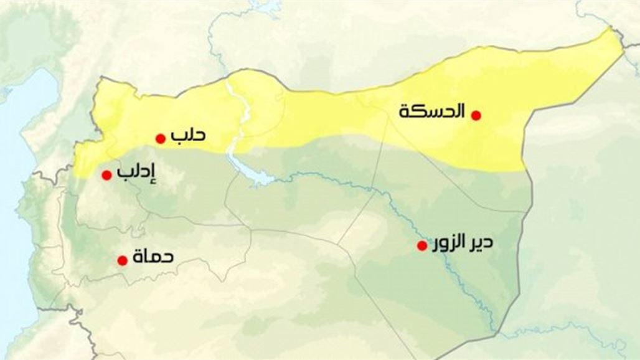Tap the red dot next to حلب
click(x=160, y=138)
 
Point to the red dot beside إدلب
click(x=106, y=175)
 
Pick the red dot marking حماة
click(x=122, y=260)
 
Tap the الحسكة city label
click(x=433, y=112)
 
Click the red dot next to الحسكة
click(x=476, y=115)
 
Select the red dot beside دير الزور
click(x=422, y=245)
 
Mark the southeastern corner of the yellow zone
click(x=522, y=169)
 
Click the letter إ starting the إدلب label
click(x=151, y=171)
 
